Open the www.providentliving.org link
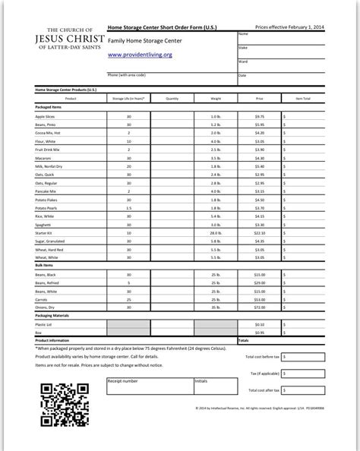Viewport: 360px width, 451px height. coord(139,55)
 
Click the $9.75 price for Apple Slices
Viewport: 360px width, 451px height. coord(259,116)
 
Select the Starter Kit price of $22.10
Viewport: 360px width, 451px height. coord(259,232)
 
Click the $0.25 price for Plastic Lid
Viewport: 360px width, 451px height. coord(259,324)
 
